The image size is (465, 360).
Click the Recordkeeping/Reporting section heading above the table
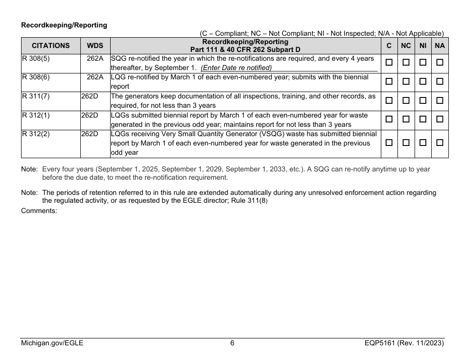64,25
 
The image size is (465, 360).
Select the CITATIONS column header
50,46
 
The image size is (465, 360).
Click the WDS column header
95,46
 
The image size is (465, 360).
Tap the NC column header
406,46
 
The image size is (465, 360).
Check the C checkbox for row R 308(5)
389,63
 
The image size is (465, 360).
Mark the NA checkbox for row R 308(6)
440,82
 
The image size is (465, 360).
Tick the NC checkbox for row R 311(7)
406,100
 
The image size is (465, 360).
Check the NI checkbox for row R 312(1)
423,120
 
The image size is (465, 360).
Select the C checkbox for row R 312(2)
389,143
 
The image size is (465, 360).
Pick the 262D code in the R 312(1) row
90,116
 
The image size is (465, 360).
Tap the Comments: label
39,211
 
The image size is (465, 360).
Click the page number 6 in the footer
232,343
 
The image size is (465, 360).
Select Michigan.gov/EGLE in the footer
52,343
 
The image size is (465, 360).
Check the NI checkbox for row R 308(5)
423,63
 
